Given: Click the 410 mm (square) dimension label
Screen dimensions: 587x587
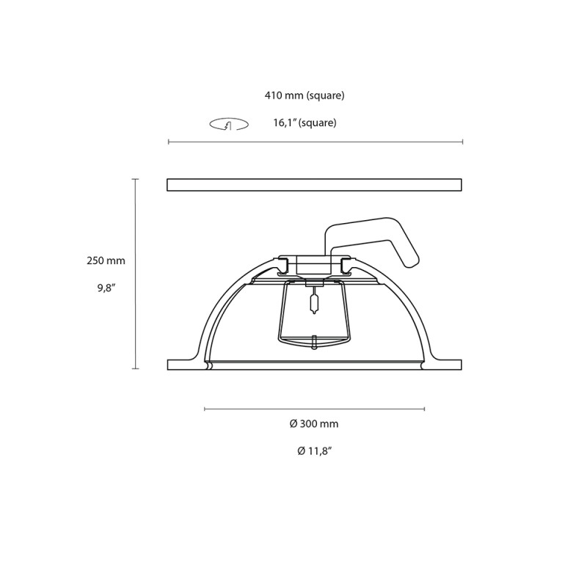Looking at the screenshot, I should [305, 95].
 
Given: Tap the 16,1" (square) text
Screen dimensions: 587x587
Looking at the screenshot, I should [305, 123].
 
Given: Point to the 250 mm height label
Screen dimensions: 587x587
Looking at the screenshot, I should [106, 260].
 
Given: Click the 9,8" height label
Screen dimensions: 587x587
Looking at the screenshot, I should [107, 288].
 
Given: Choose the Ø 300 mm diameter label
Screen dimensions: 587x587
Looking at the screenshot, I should [314, 423].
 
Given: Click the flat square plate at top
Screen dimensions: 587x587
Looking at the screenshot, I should [314, 185].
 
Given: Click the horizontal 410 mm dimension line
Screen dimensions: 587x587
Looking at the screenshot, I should [316, 142].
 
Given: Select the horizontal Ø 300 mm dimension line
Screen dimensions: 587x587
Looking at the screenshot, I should [314, 409].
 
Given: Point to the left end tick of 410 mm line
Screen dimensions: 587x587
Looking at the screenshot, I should [169, 142].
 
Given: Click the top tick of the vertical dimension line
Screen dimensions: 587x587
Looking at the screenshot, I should [135, 179].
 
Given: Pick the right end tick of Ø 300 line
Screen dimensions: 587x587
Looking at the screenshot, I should [424, 409].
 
